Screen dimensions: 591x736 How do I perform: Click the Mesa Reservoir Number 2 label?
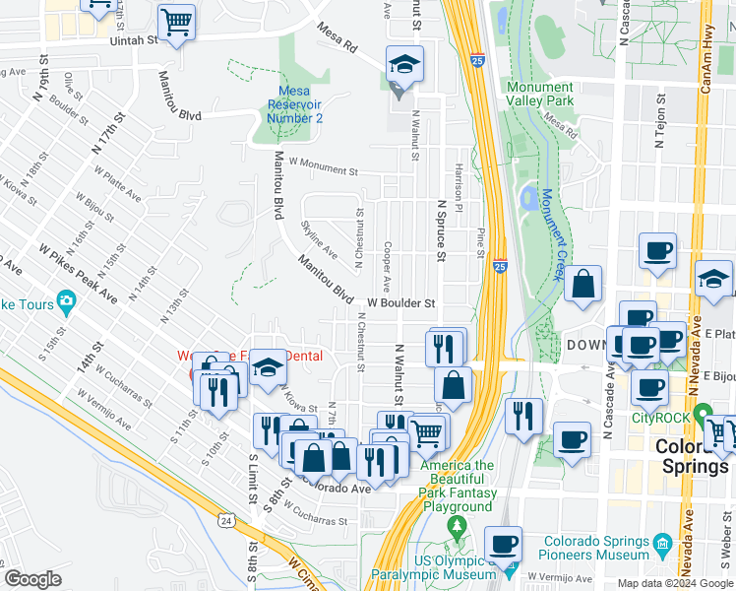click(295, 104)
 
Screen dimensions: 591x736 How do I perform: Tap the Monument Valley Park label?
click(539, 94)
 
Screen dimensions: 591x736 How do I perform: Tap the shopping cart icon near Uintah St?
click(176, 22)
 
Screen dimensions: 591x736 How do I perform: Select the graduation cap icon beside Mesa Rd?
click(404, 64)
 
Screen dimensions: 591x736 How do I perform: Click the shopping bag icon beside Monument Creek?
click(583, 284)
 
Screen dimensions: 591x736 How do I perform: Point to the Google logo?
click(32, 579)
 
